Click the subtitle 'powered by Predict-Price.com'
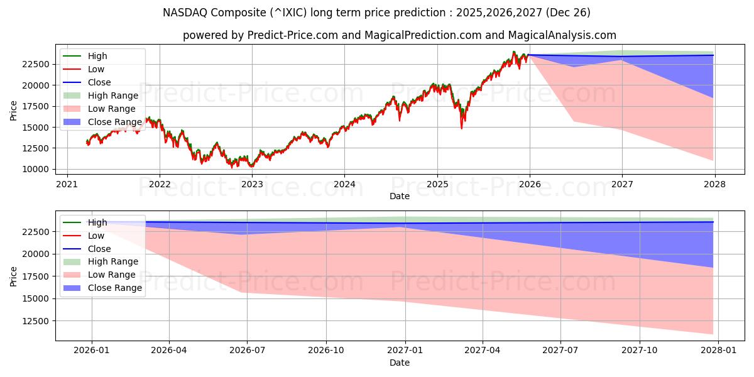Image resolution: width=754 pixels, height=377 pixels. (x=399, y=35)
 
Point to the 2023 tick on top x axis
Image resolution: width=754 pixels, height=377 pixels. (x=252, y=184)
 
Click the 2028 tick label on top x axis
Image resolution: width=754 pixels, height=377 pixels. (x=714, y=184)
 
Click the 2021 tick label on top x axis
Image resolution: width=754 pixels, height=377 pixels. (x=67, y=184)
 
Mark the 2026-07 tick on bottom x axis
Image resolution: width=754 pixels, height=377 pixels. (x=247, y=351)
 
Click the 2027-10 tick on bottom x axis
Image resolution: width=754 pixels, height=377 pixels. (x=640, y=351)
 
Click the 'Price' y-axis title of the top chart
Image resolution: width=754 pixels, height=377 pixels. (x=14, y=110)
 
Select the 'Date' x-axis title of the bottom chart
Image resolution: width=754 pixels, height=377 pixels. (x=399, y=363)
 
